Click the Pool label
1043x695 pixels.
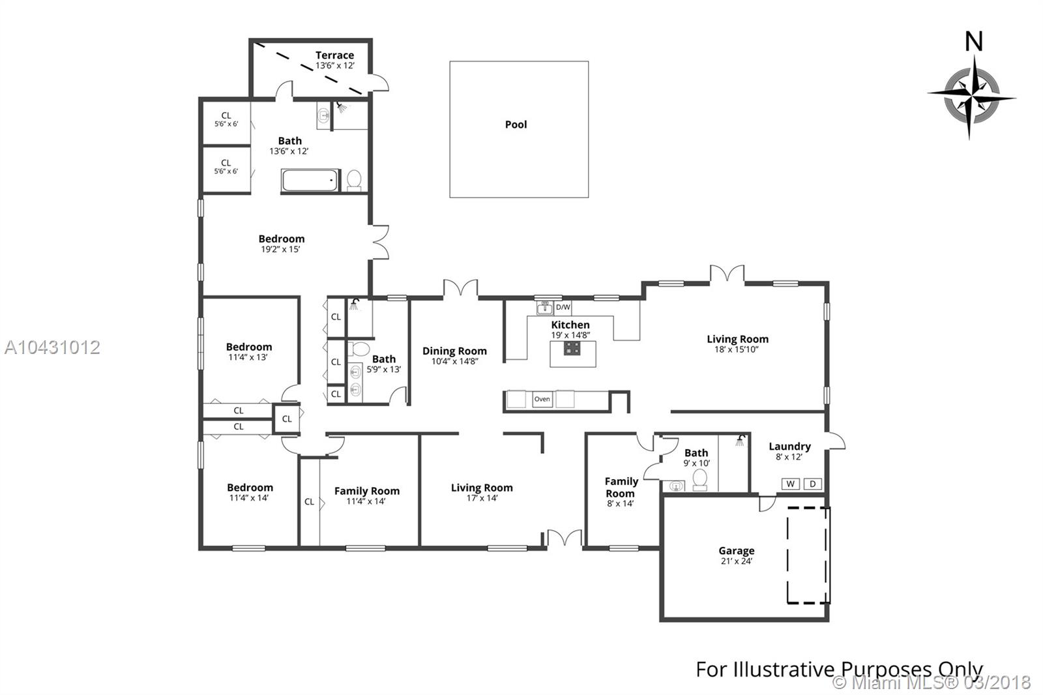(x=516, y=125)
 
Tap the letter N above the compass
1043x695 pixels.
(x=974, y=42)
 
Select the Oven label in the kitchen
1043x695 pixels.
(x=542, y=399)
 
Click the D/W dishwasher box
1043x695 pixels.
(x=563, y=308)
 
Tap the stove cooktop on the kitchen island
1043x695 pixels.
(x=572, y=348)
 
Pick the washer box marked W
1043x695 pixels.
(x=790, y=484)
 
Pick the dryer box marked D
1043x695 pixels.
(x=812, y=484)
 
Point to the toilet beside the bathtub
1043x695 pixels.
(x=355, y=181)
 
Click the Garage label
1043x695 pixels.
(x=736, y=551)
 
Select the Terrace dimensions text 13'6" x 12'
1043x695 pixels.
(x=335, y=66)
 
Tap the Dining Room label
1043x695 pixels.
(x=454, y=351)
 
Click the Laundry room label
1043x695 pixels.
(x=789, y=447)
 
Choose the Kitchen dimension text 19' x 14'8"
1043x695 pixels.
(x=570, y=335)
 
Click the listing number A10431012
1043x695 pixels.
(x=52, y=347)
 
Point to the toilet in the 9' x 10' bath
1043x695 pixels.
(x=700, y=479)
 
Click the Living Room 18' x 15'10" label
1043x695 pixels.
(x=737, y=344)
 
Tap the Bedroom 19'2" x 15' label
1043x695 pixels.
(x=281, y=244)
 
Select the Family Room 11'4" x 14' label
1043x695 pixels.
(x=366, y=495)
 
